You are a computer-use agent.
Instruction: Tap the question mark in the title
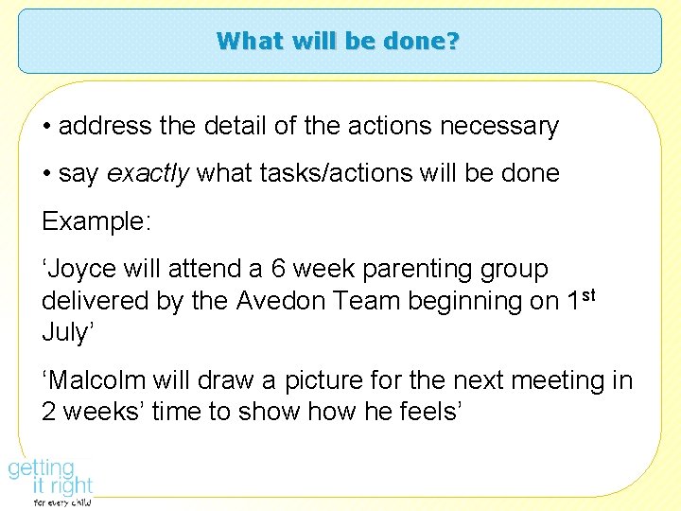click(452, 41)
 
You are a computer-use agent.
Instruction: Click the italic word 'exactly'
click(139, 173)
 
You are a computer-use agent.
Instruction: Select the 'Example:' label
click(95, 221)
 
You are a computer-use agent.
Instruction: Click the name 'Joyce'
click(84, 270)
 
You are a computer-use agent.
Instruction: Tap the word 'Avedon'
click(283, 302)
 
